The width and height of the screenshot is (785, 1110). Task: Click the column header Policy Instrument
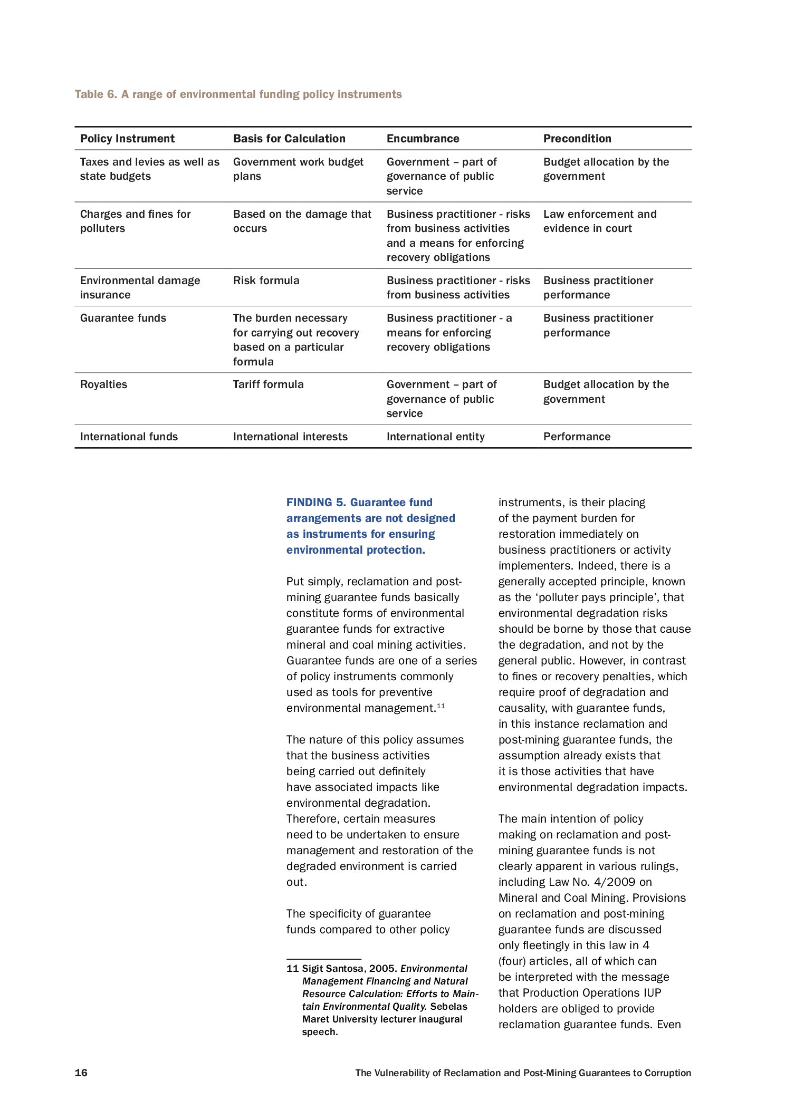click(127, 139)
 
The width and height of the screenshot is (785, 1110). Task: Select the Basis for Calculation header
click(289, 139)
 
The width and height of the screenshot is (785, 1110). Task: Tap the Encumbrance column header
click(423, 139)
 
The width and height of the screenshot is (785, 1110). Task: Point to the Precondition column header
click(577, 139)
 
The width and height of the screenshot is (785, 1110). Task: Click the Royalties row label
click(103, 384)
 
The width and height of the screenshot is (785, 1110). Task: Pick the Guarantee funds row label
click(123, 318)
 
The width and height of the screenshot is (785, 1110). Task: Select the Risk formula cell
click(266, 281)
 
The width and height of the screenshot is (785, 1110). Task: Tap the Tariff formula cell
click(268, 384)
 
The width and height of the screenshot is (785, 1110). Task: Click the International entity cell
click(435, 437)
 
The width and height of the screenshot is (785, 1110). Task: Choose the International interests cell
click(290, 437)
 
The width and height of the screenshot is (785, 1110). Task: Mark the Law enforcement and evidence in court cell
click(600, 221)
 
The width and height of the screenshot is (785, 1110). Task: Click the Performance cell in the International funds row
click(577, 437)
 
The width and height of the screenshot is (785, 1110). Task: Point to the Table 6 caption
click(238, 94)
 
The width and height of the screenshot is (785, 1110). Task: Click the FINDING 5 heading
click(370, 526)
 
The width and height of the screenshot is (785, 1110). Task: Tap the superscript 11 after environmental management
click(441, 706)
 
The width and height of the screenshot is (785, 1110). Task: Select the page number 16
click(81, 1073)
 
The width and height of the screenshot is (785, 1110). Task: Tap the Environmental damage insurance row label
click(140, 287)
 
